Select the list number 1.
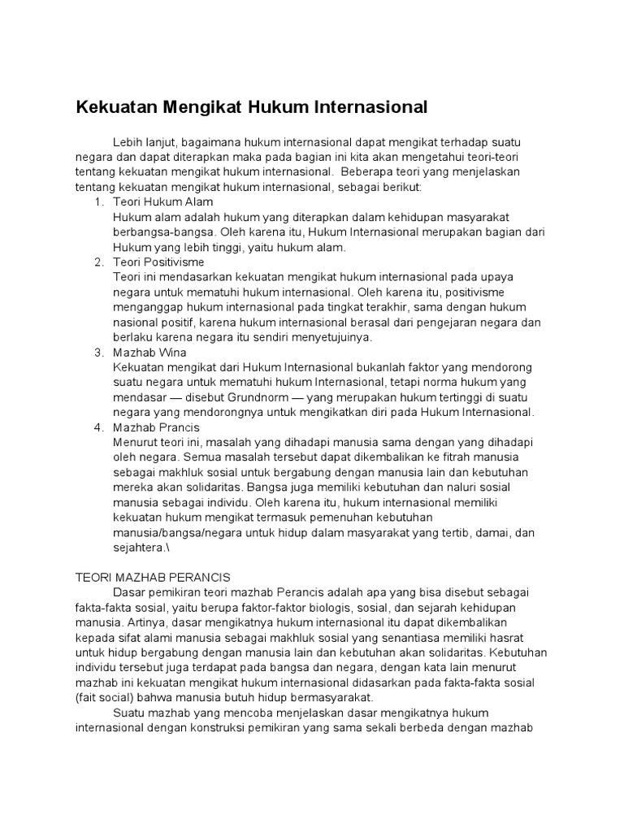98,201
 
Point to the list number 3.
98,352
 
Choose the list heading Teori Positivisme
159,262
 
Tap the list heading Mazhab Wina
150,352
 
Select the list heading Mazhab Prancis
157,427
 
